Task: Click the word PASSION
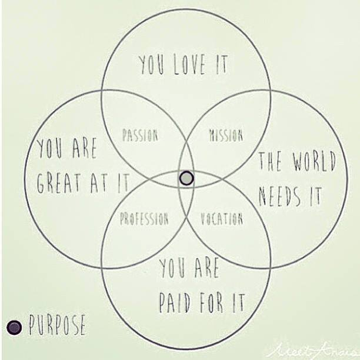[140, 135]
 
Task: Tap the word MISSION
[226, 135]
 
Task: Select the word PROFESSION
[144, 219]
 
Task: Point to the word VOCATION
[222, 219]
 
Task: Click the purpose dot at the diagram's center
[186, 178]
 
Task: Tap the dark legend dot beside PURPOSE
[14, 328]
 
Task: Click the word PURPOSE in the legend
[57, 325]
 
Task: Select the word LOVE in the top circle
[189, 64]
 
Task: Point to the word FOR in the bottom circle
[211, 302]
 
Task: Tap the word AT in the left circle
[99, 183]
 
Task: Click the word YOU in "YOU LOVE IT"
[152, 65]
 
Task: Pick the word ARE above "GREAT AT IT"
[84, 148]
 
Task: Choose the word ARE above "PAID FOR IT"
[206, 268]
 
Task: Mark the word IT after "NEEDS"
[315, 196]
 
